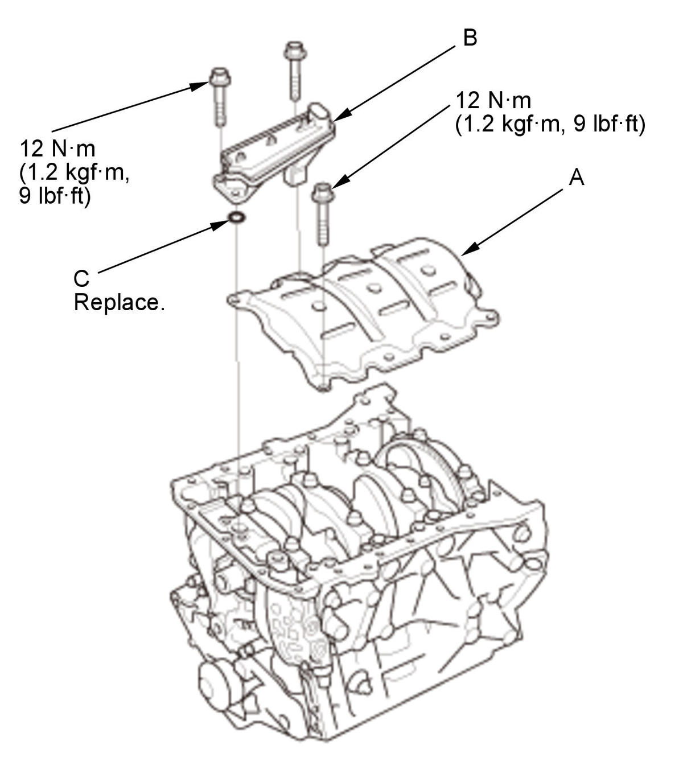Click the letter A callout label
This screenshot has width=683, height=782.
point(576,178)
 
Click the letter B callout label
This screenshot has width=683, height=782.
point(470,38)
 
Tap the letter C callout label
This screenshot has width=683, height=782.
point(81,278)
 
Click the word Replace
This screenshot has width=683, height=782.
point(119,302)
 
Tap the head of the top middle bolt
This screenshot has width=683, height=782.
point(295,50)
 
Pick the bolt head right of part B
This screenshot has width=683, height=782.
point(322,192)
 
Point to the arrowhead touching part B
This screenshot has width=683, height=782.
point(340,115)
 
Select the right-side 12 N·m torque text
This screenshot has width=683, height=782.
point(493,101)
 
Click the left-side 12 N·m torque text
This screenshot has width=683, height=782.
point(57,149)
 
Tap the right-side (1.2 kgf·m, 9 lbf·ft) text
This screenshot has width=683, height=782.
point(550,125)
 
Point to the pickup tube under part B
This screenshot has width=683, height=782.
point(294,174)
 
